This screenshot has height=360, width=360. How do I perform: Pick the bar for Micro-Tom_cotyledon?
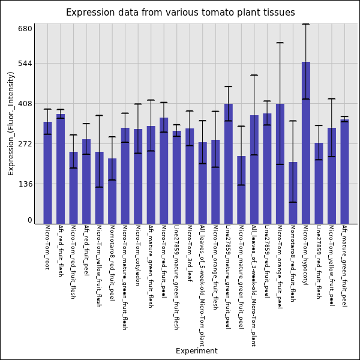click(x=138, y=176)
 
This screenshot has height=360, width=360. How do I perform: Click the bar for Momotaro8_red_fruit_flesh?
click(x=293, y=193)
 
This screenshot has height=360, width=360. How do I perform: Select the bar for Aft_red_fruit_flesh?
click(x=61, y=169)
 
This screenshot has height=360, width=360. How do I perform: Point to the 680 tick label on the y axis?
click(x=25, y=29)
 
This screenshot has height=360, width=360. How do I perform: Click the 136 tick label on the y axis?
click(x=25, y=184)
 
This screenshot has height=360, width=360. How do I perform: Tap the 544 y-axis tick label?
click(x=25, y=64)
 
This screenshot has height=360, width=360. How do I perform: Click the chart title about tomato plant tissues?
click(x=180, y=13)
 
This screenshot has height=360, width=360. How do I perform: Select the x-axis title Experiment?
click(x=196, y=351)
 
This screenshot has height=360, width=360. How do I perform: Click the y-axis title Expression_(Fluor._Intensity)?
click(x=11, y=123)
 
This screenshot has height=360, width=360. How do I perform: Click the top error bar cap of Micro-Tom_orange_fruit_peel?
click(x=280, y=43)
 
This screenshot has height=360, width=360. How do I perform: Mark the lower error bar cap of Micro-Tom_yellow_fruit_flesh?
click(x=99, y=187)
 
